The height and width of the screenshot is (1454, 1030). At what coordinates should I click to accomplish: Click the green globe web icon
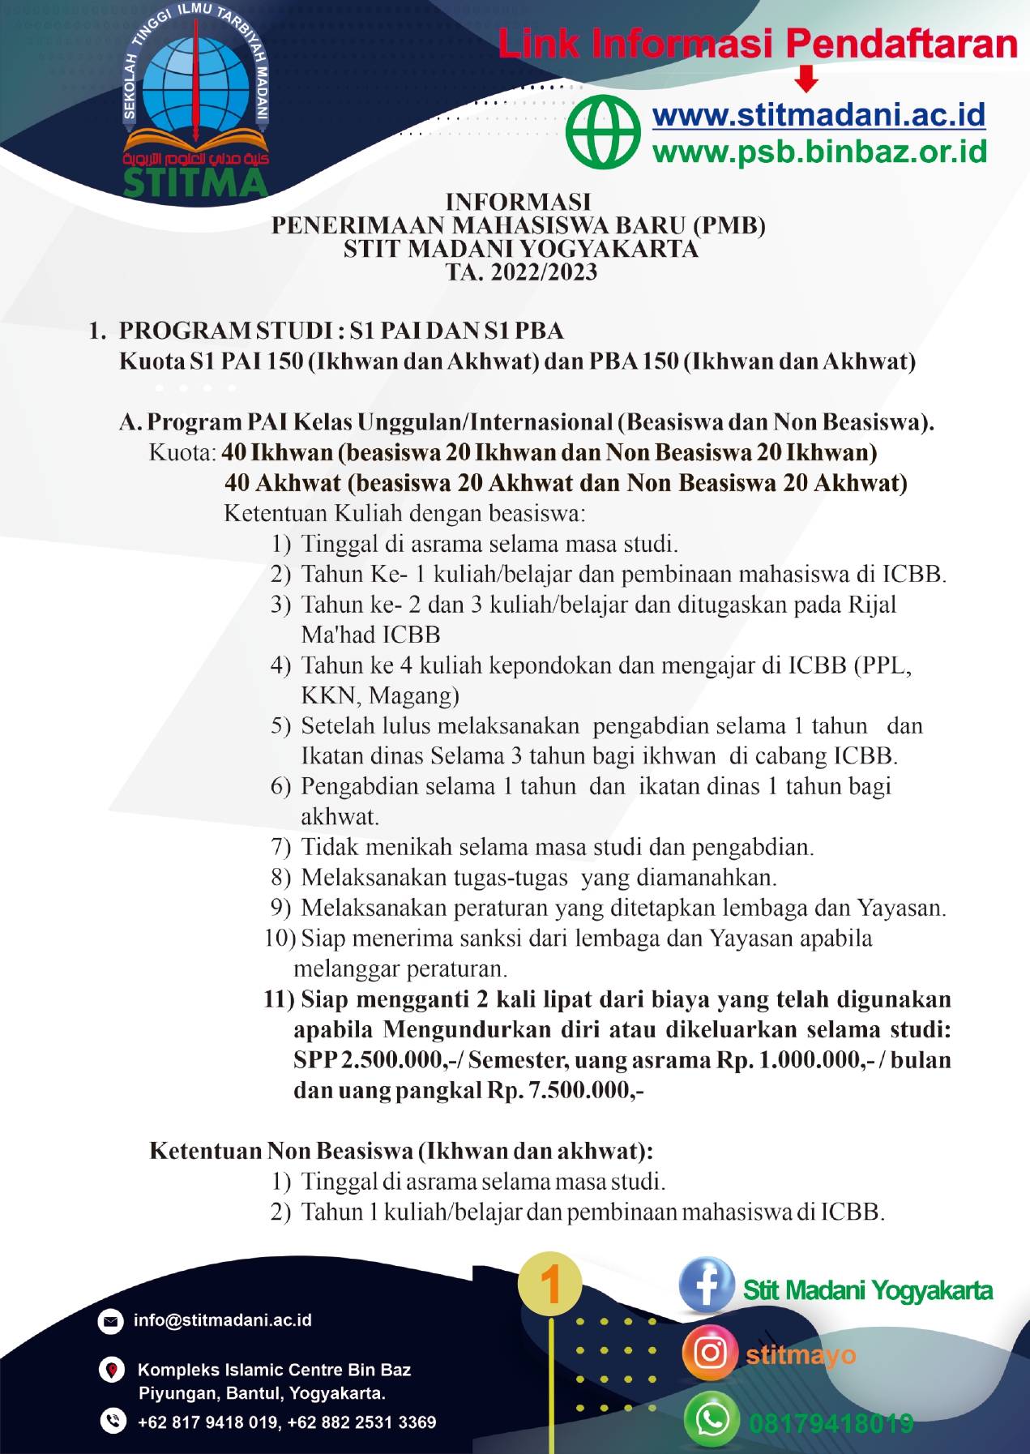click(603, 132)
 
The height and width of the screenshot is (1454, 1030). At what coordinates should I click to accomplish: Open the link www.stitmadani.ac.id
click(818, 115)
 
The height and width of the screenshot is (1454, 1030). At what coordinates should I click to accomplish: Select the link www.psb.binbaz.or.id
click(819, 152)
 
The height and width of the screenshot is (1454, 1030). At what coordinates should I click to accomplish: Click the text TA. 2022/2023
click(521, 272)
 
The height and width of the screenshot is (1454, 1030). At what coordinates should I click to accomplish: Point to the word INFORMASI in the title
click(519, 202)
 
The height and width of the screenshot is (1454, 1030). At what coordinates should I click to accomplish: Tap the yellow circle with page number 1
click(550, 1284)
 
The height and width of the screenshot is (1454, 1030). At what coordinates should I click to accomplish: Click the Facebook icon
click(707, 1285)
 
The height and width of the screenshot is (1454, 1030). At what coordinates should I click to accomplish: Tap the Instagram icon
click(710, 1353)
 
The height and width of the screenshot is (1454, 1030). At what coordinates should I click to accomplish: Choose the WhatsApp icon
click(712, 1419)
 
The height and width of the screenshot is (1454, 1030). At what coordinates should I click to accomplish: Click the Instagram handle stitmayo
click(801, 1354)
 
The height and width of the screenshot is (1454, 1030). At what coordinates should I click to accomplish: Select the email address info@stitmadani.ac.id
click(222, 1320)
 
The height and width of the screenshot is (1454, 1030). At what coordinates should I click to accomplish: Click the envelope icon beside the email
click(110, 1321)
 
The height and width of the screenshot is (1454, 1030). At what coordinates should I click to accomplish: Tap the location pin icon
click(111, 1371)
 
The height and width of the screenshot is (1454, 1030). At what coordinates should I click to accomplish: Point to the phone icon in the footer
click(113, 1421)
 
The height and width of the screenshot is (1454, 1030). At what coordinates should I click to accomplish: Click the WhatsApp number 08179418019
click(831, 1422)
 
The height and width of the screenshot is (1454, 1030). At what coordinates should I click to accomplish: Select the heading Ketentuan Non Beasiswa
click(401, 1151)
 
